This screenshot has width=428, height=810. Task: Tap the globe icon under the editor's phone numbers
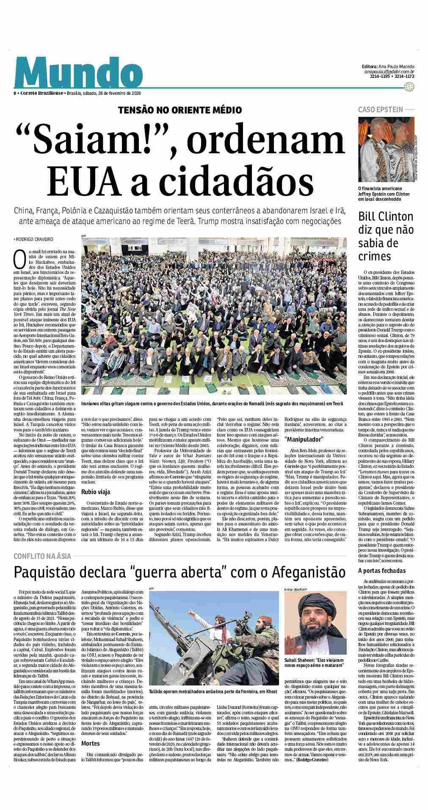click(409, 87)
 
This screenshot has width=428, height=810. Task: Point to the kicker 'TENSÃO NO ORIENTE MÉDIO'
click(180, 110)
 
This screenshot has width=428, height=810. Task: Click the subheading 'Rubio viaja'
click(96, 492)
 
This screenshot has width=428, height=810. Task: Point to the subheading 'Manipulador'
click(304, 438)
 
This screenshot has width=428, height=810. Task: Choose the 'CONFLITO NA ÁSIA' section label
click(42, 556)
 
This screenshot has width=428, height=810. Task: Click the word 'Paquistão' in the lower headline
click(50, 572)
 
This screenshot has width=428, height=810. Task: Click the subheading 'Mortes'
click(90, 743)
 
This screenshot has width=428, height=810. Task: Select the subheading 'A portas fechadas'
click(381, 571)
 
